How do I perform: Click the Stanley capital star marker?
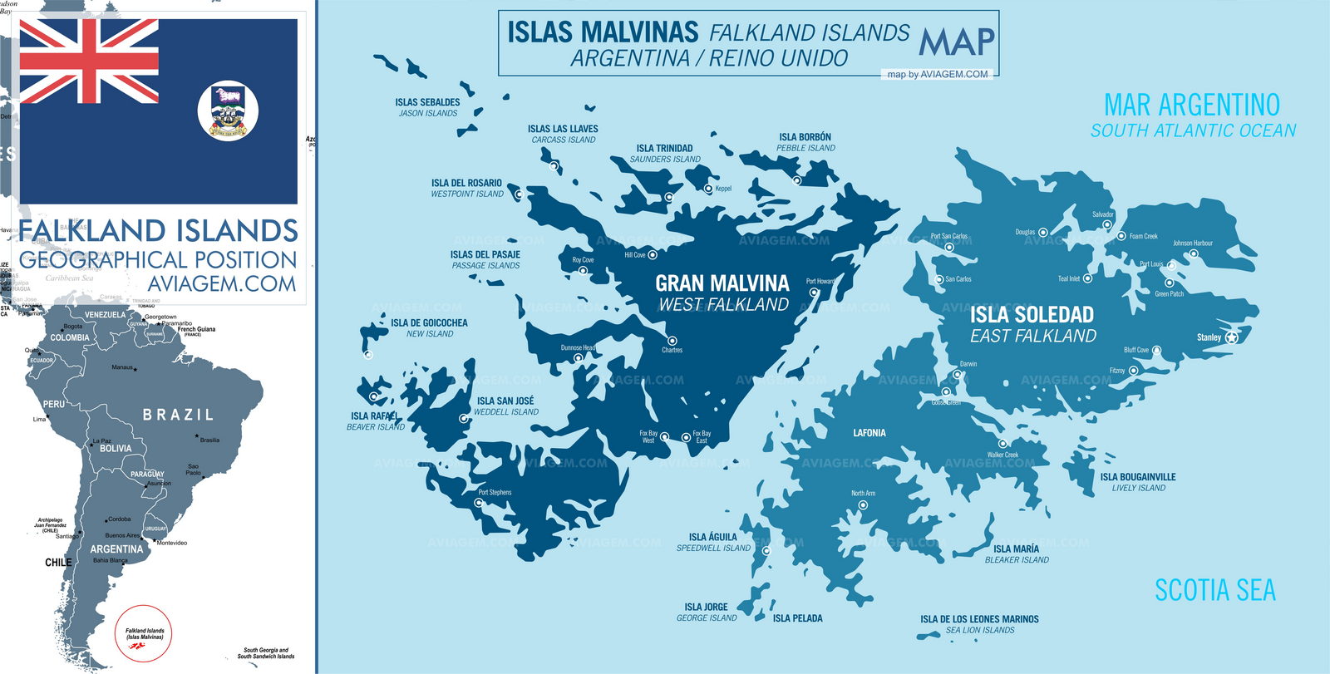tap(1232, 337)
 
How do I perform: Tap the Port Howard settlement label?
tap(820, 281)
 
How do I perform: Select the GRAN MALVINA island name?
tap(722, 283)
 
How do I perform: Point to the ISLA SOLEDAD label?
tap(1032, 314)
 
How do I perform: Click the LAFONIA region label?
tap(869, 433)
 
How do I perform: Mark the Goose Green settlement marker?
tap(945, 391)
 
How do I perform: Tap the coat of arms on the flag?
tap(228, 111)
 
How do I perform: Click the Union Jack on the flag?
tap(89, 61)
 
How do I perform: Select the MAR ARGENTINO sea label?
tap(1191, 105)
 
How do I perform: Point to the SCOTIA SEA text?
tap(1214, 590)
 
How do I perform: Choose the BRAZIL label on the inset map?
tap(178, 414)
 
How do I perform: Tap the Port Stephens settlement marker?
tap(478, 502)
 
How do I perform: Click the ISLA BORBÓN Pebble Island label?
tap(805, 137)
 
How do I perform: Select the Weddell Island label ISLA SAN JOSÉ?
tap(505, 401)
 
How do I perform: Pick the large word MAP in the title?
tap(957, 42)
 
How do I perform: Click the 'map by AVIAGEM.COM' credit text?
tap(938, 74)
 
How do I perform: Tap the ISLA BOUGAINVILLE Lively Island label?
tap(1137, 477)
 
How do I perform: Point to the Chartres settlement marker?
tap(672, 341)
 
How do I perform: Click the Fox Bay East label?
tap(702, 436)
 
